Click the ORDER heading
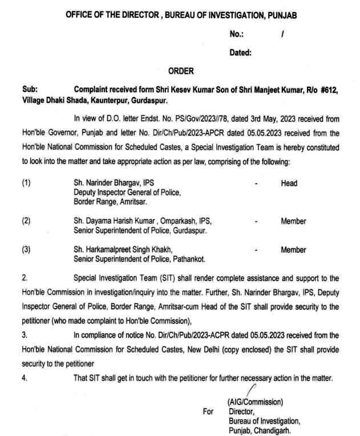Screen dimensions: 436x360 point(181,71)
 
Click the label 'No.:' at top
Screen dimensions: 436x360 point(237,34)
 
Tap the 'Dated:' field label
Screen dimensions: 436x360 point(241,53)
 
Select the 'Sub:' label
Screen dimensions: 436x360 point(29,90)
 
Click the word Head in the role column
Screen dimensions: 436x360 point(289,184)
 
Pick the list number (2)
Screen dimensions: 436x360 point(27,221)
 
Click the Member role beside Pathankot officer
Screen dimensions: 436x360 point(293,250)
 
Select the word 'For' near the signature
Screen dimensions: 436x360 point(208,410)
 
